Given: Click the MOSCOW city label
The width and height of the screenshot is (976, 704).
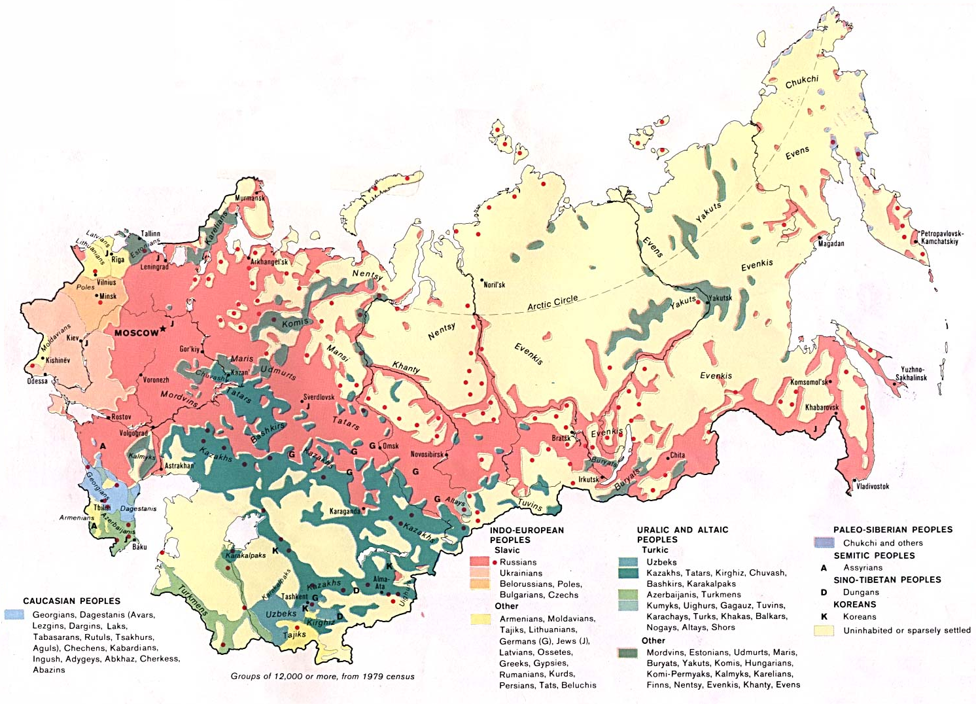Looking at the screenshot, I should (136, 333).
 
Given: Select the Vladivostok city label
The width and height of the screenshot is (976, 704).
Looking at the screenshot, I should (873, 486).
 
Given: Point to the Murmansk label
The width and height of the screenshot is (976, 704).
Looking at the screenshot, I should (250, 198).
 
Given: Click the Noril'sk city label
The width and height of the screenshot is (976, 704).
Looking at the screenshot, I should (494, 285).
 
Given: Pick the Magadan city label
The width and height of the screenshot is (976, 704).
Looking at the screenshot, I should (831, 243).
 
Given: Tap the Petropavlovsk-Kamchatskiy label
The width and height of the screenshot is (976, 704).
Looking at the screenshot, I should (941, 238).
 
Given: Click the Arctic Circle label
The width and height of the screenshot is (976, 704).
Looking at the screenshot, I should (553, 302).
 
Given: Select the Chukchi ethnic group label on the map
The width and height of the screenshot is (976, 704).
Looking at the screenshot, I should (801, 82).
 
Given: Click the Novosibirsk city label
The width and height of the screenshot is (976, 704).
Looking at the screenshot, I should (427, 454).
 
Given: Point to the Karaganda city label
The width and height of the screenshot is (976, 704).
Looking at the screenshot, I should (345, 511).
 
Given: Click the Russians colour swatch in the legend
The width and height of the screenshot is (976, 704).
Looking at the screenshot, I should (480, 562).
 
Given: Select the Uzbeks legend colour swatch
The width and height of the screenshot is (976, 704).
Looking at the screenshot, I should (628, 562).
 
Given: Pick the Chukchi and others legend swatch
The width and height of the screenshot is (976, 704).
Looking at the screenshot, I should (824, 542).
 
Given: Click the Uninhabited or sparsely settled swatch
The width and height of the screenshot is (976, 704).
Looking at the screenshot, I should (824, 631).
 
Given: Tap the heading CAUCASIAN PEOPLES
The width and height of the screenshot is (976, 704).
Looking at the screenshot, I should (71, 601).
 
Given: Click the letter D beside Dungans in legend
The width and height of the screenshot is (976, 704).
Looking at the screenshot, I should (824, 592).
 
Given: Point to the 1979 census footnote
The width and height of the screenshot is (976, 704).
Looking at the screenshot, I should (322, 676).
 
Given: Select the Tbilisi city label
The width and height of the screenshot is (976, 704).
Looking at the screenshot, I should (101, 508).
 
